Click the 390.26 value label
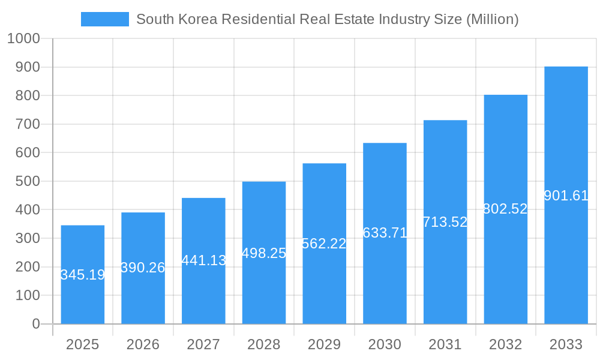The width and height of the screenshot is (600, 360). pos(143,268)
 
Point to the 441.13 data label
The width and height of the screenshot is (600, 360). pos(204,260)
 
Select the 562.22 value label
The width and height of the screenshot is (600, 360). pos(324,244)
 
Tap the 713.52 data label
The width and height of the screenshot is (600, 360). pos(445,222)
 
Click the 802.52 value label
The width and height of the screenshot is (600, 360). pos(505,209)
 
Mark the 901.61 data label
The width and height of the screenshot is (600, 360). pos(566,196)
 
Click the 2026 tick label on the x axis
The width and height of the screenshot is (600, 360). pos(143,344)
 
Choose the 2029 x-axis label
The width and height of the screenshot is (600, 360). pos(324,344)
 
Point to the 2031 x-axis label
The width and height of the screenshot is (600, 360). pos(445,344)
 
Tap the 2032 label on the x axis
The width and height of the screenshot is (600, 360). pos(505,344)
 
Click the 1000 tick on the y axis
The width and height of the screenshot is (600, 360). pos(23,38)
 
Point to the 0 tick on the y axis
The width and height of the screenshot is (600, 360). pos(36,324)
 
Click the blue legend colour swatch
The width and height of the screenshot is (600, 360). pos(105,19)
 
